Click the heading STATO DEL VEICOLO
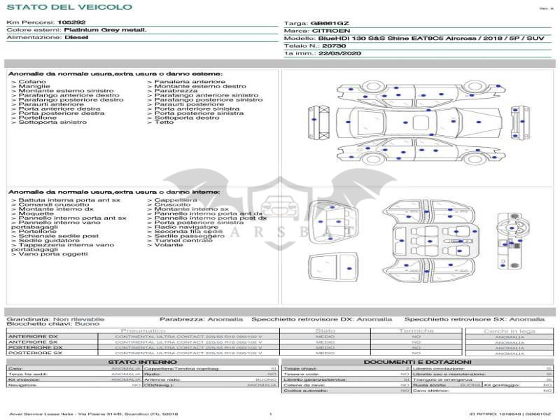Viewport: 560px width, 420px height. coord(69,7)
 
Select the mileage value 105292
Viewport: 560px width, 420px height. coord(71,22)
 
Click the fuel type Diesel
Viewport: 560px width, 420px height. coord(76,38)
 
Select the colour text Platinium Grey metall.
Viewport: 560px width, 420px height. coord(105,30)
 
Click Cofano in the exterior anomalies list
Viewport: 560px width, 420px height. coord(32,82)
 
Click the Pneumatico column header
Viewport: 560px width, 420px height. coord(143,330)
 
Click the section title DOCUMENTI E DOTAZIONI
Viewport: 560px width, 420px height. coord(417,361)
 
